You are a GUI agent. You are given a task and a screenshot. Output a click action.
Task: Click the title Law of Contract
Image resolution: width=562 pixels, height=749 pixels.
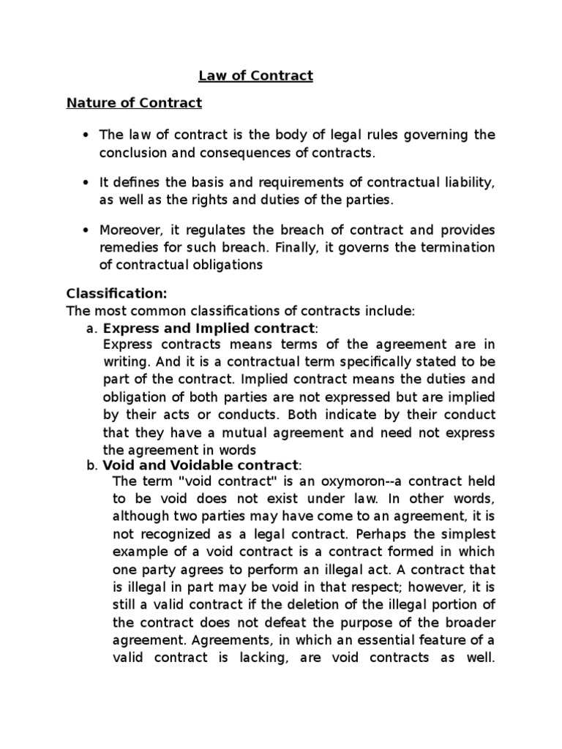(x=255, y=75)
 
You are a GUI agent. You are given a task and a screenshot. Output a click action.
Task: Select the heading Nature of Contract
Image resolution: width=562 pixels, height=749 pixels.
(x=134, y=102)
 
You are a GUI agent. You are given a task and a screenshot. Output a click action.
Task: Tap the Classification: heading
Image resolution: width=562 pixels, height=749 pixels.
(x=117, y=293)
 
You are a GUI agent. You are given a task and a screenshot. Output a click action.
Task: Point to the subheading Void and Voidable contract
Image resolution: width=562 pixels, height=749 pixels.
(x=201, y=465)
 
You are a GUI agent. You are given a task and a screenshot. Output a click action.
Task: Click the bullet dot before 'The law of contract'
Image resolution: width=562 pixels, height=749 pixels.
(x=87, y=135)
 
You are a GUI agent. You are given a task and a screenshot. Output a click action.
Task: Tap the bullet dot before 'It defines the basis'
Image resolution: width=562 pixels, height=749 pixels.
(x=87, y=181)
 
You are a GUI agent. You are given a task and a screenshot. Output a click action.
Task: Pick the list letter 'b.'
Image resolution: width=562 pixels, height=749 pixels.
(x=91, y=465)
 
